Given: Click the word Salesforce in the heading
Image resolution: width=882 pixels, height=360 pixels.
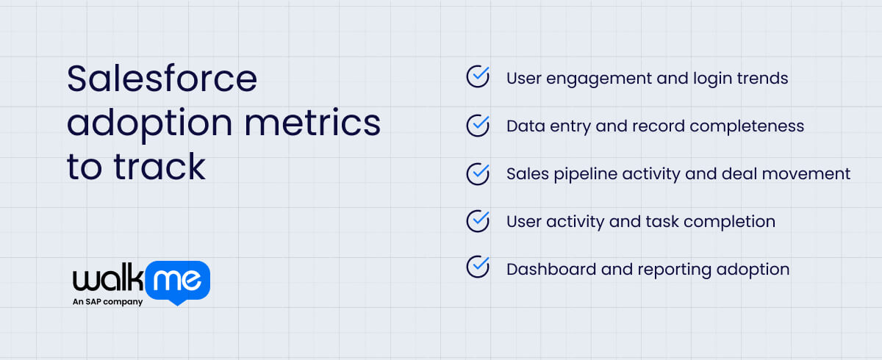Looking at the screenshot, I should pos(162,79).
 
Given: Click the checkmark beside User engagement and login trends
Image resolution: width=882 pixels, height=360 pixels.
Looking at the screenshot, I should pos(478,77).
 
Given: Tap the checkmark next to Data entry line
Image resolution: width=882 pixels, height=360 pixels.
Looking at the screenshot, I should pos(478,126).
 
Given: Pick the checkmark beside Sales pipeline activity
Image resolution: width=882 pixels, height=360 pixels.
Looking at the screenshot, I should pos(478,173).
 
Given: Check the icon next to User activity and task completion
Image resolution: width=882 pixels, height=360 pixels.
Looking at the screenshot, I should pos(478,220).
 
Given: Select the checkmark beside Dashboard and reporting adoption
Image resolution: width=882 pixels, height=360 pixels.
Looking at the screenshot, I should pos(478,268).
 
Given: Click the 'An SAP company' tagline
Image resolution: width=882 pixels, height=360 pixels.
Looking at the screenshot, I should pos(107,301).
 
